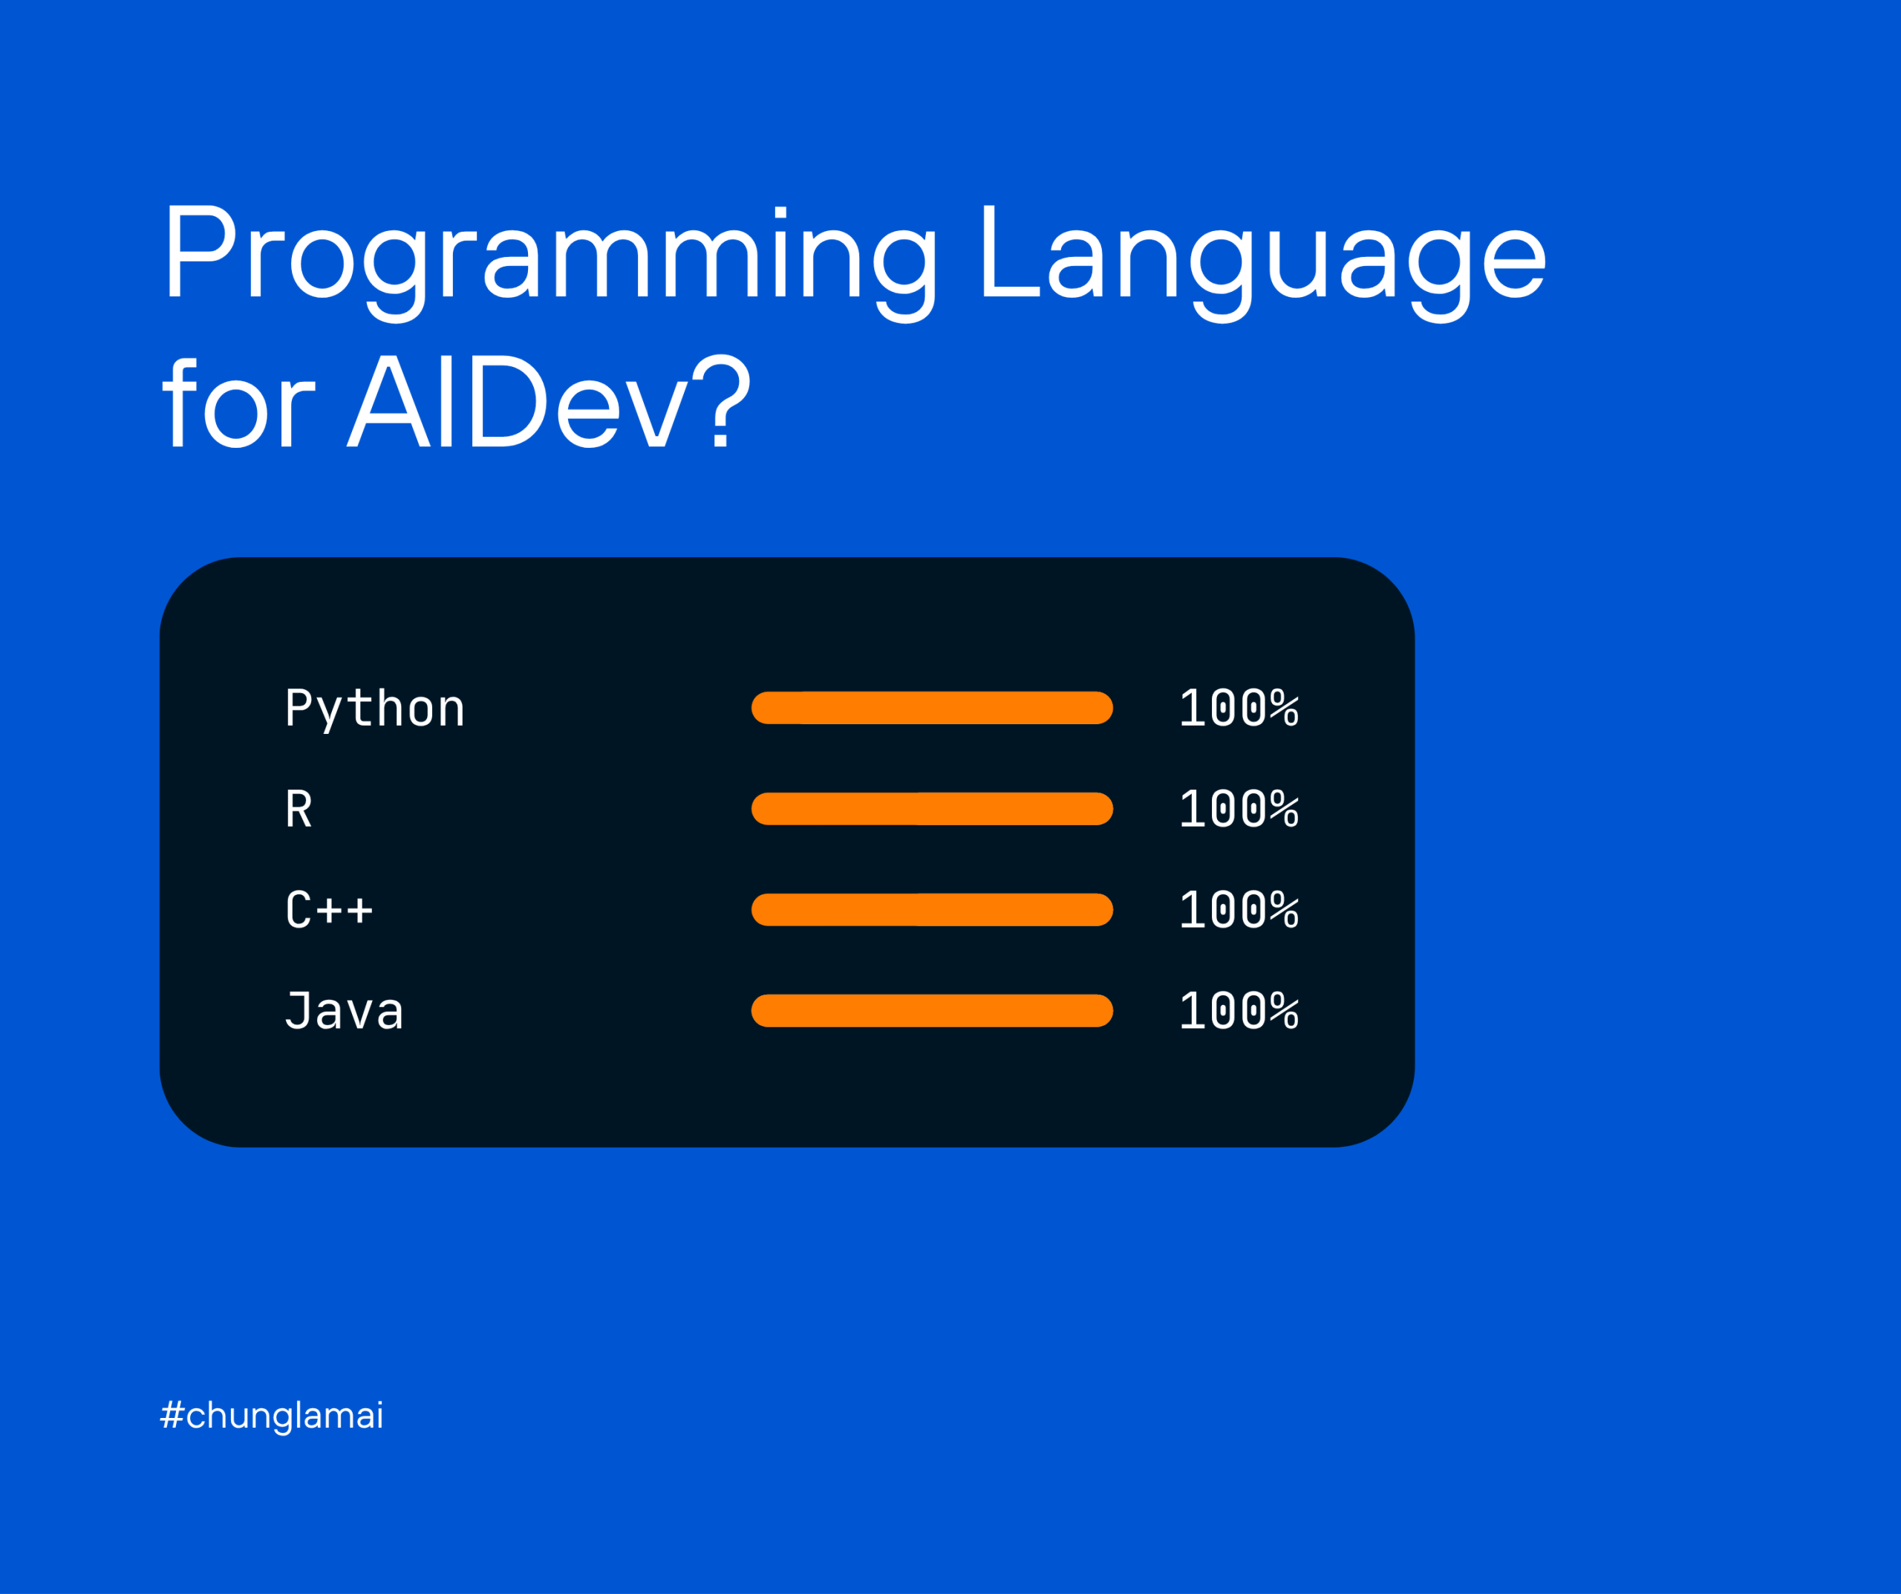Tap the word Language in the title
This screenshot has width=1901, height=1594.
click(1265, 263)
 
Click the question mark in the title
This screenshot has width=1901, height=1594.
click(723, 400)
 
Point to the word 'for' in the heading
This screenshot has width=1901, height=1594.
click(238, 400)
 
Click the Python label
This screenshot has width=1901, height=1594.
click(375, 709)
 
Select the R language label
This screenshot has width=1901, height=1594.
click(299, 809)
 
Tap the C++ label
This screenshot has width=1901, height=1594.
click(329, 909)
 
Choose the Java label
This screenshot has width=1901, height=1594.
click(344, 1010)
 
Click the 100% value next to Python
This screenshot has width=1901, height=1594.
click(1239, 709)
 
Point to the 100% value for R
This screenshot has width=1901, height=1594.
click(1239, 809)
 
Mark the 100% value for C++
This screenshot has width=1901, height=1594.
click(1239, 910)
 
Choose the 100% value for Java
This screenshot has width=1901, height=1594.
click(1239, 1011)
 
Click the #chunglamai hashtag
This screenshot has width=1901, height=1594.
click(272, 1416)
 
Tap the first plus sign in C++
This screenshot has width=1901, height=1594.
click(329, 910)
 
